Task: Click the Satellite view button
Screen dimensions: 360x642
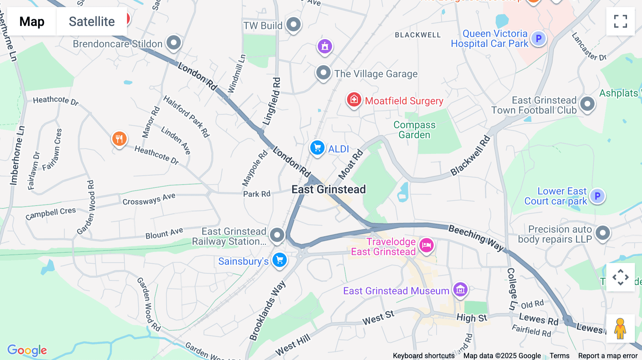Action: click(92, 22)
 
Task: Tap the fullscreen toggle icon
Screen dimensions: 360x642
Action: click(620, 21)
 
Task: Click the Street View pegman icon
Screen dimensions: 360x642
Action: click(620, 328)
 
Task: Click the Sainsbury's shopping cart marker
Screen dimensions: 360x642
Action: click(280, 260)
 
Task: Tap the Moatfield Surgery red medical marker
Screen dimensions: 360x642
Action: click(354, 100)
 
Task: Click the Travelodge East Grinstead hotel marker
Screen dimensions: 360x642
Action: click(427, 245)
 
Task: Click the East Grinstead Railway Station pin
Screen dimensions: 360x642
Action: click(277, 235)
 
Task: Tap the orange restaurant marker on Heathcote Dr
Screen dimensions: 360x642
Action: click(119, 139)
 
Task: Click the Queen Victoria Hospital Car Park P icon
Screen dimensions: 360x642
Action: click(539, 38)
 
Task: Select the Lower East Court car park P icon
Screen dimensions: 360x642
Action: click(597, 196)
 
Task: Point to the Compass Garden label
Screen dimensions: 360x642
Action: click(414, 130)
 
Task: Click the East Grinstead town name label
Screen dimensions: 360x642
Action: click(328, 189)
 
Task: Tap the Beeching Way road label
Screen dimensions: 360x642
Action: click(476, 238)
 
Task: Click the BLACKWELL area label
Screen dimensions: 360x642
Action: click(418, 35)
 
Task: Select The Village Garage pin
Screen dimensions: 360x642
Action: click(323, 73)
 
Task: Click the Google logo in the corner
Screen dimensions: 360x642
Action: click(27, 350)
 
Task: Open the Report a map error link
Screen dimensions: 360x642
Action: click(607, 355)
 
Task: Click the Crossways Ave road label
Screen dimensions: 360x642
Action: click(149, 199)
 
